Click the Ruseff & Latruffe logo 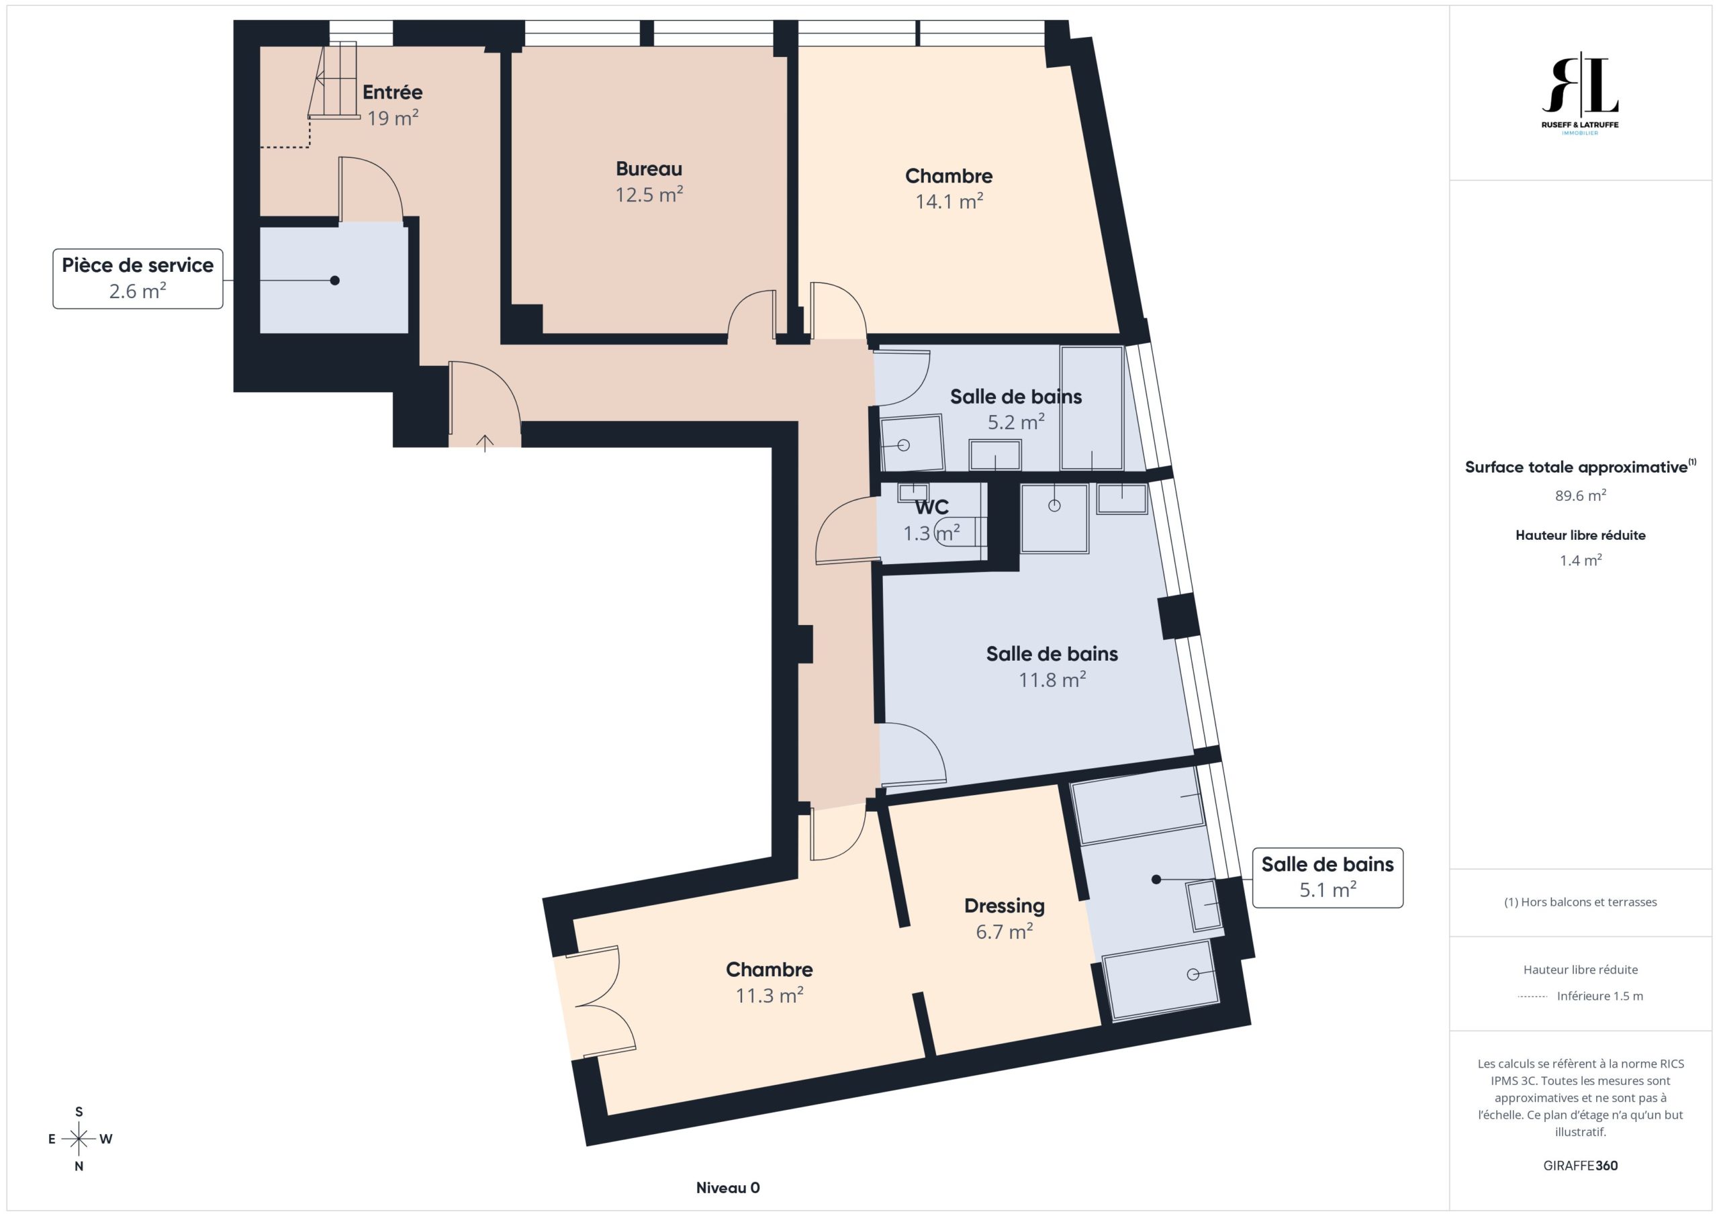pos(1580,93)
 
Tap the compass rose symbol pos(79,1139)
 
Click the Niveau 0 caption pos(728,1188)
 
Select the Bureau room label pos(649,169)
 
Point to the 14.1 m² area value pos(949,201)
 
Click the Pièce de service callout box pos(138,279)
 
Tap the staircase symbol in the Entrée pos(334,81)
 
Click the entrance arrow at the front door pos(485,443)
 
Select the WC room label pos(931,507)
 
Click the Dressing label pos(1004,906)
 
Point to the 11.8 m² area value pos(1052,679)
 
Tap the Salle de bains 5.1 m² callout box pos(1328,878)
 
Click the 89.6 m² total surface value pos(1581,495)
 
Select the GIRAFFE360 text pos(1581,1165)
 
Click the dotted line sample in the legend pos(1532,996)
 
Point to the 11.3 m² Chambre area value pos(769,995)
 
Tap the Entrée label pos(392,92)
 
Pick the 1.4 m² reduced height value pos(1581,560)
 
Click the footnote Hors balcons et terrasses pos(1581,902)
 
